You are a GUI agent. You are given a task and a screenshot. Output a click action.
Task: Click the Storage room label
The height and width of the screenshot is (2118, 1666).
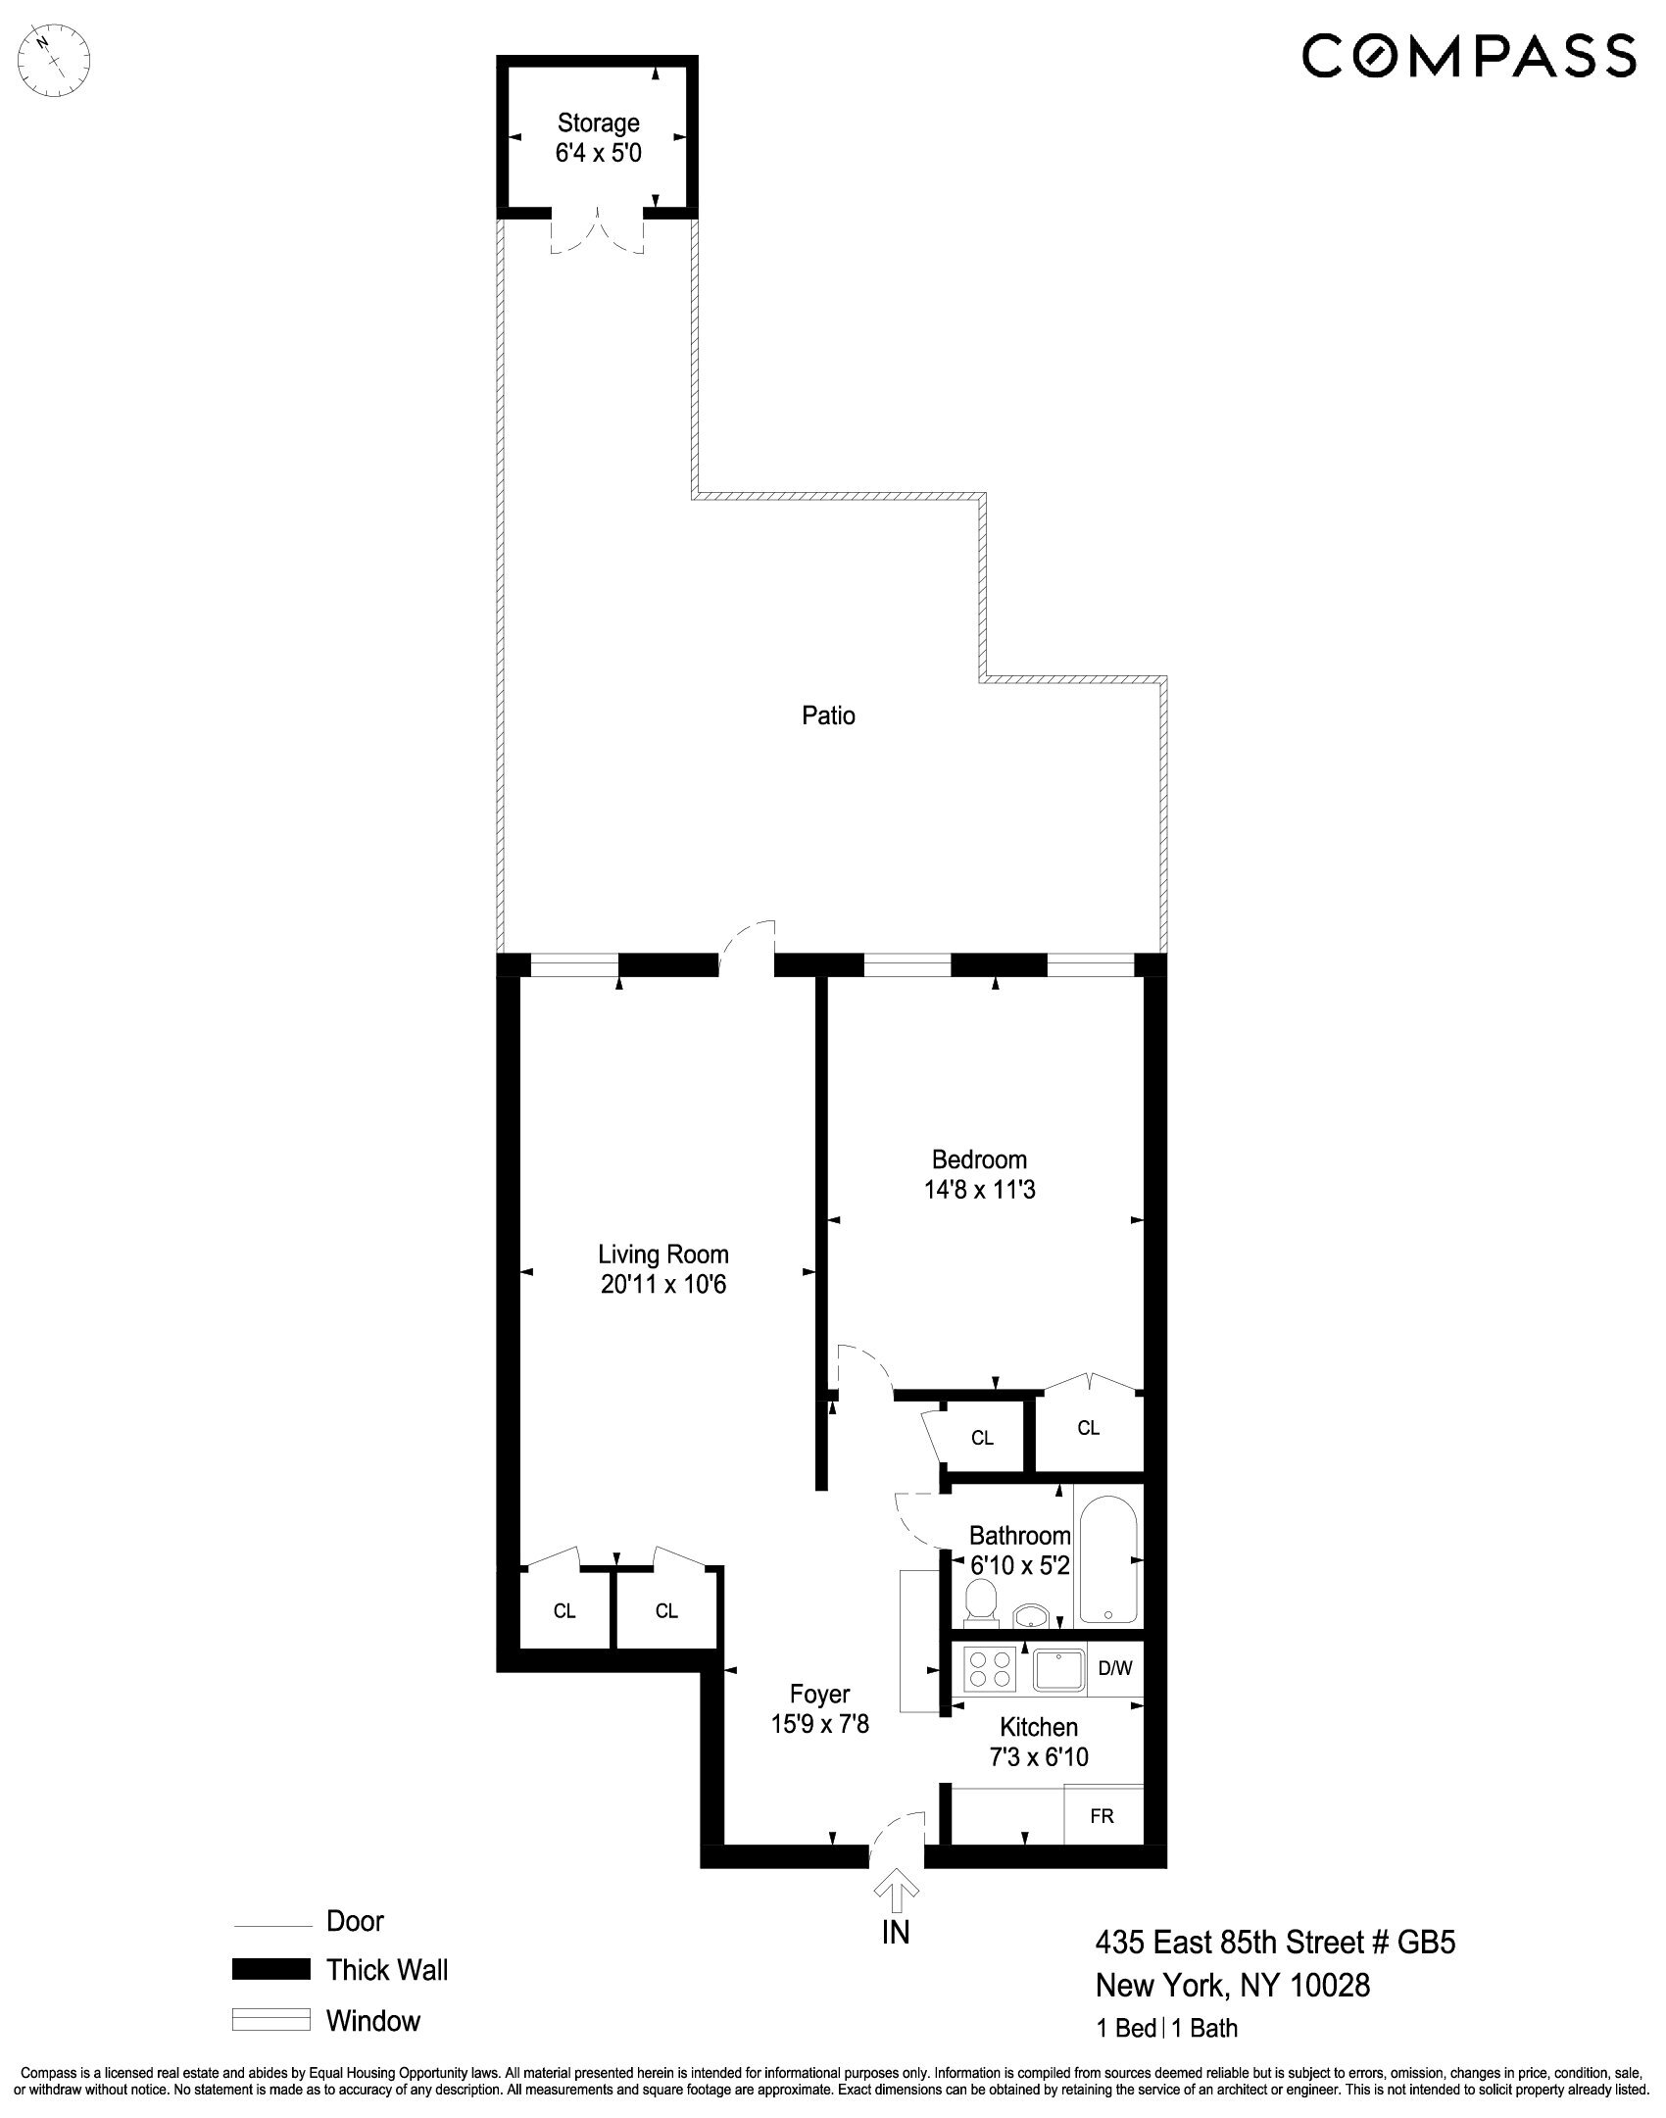coord(598,123)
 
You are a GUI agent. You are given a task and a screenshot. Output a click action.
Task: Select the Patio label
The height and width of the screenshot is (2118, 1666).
coord(828,715)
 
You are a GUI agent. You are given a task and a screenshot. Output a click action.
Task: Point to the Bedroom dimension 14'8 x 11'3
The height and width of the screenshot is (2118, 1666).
coord(979,1190)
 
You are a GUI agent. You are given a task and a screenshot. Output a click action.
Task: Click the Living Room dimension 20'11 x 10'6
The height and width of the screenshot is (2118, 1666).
coord(663,1285)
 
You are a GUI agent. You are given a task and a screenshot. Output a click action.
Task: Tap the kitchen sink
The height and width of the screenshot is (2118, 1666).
coord(1059,1669)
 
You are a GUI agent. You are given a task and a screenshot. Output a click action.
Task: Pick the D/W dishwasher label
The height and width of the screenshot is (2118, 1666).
coord(1114,1666)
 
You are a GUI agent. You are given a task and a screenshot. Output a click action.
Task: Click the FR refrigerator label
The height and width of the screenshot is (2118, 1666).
coord(1102,1816)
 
